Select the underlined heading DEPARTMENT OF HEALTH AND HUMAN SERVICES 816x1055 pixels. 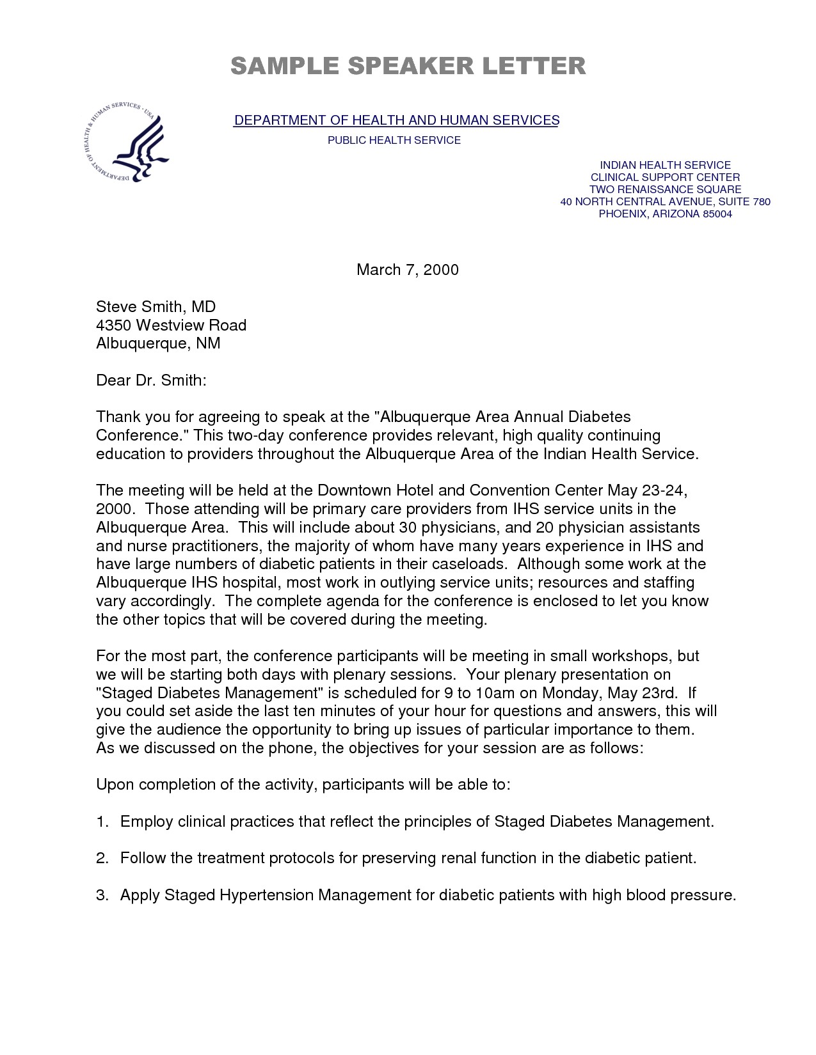pos(396,120)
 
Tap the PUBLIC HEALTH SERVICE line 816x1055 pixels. pos(394,140)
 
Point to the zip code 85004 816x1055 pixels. pos(717,214)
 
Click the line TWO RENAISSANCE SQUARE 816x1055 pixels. pos(665,189)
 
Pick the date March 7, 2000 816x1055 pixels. pos(407,270)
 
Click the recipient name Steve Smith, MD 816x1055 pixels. pos(156,307)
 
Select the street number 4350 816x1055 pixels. pos(113,325)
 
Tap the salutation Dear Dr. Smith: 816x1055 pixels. pos(151,380)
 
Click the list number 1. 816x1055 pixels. pos(102,822)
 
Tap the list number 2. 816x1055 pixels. pos(102,858)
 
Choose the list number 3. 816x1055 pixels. pos(102,895)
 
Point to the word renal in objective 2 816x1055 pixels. pos(463,858)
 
